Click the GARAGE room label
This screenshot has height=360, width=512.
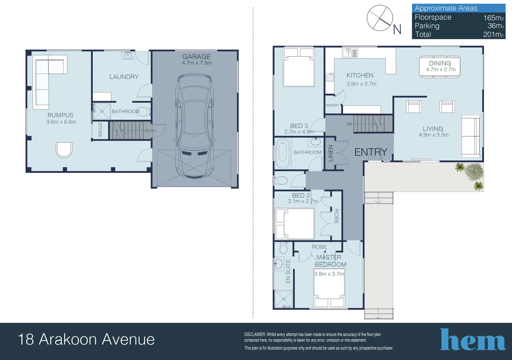coord(197,57)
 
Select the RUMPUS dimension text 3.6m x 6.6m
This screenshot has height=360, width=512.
coord(61,122)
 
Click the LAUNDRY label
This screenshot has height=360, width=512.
coord(124,77)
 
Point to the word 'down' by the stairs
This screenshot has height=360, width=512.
coord(150,130)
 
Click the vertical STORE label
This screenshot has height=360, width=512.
coord(100,130)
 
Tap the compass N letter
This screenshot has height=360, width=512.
coord(397,30)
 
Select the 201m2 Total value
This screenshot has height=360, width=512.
coord(493,34)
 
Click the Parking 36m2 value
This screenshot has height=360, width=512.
coord(495,26)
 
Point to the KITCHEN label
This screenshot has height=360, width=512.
coord(360,75)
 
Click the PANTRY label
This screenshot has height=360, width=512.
coord(332,105)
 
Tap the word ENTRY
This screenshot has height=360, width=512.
coord(371,152)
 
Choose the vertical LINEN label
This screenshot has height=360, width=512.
coord(330,153)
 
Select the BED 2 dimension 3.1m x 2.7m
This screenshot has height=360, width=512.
coord(303,201)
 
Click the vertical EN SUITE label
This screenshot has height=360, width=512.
coord(288,271)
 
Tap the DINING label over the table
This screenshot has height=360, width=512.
coord(440,63)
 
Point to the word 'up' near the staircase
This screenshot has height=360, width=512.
coord(349,124)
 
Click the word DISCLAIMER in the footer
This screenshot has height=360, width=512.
coord(255,334)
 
